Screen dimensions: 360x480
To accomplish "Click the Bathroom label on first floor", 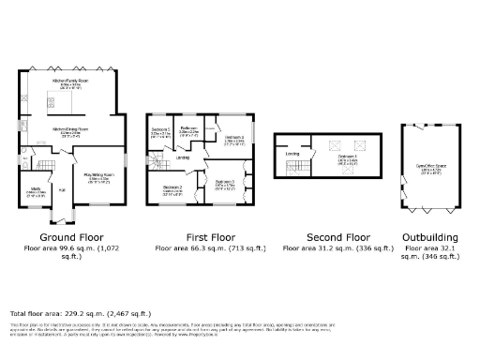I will (x=188, y=128).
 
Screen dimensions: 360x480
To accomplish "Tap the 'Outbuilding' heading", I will (x=430, y=237).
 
